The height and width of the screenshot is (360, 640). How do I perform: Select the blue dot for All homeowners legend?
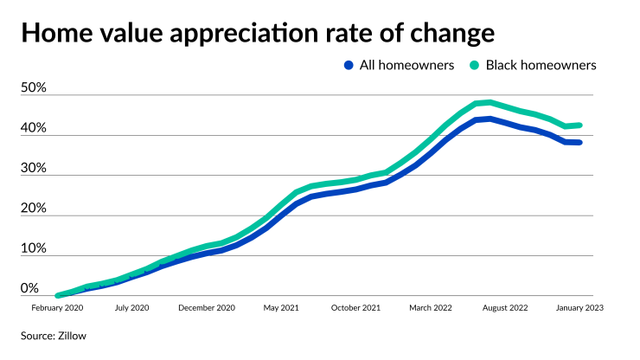[349, 65]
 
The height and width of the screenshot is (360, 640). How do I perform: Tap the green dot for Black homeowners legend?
[474, 65]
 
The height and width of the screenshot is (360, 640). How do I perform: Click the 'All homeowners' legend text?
[406, 65]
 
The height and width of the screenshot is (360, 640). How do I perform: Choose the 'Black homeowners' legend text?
[541, 65]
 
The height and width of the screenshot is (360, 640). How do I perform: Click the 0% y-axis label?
[30, 289]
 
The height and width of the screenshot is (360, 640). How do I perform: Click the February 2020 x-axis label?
[58, 308]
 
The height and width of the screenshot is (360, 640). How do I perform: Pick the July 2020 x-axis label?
[133, 308]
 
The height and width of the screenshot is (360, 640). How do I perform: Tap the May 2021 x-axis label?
[282, 308]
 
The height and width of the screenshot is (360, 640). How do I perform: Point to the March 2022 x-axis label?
[431, 308]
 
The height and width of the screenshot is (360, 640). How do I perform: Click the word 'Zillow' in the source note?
[72, 334]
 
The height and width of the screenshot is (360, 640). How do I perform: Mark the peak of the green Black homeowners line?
[490, 102]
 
